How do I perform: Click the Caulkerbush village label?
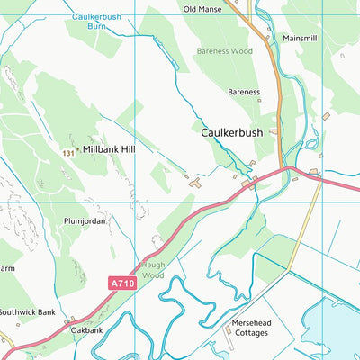232,132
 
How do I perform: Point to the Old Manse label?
202,9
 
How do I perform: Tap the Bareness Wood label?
226,52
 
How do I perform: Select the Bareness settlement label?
243,92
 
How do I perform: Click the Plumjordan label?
85,220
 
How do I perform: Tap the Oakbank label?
86,330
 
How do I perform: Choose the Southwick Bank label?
27,312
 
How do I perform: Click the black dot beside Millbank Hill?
78,149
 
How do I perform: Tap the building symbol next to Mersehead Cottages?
227,330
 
